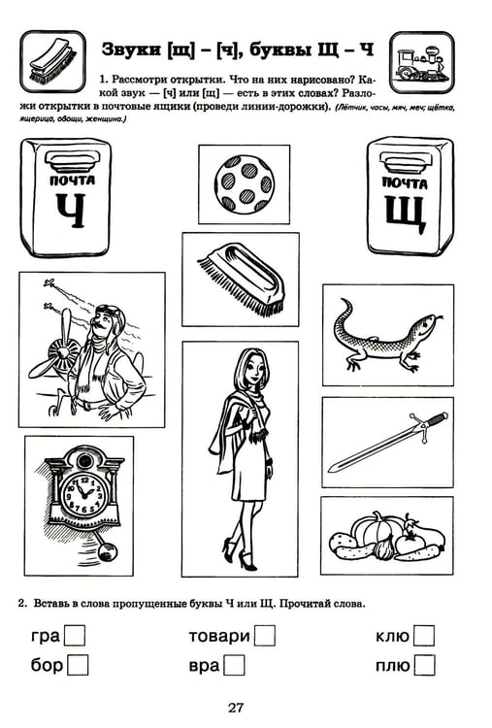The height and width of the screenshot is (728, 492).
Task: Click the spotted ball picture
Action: coord(245,184)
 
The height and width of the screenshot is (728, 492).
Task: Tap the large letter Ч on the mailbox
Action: coord(71,211)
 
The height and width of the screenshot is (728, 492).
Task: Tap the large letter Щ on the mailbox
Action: coord(405,215)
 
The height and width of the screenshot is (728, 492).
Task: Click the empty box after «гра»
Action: coord(75,636)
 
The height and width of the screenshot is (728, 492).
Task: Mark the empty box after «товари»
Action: coord(265,636)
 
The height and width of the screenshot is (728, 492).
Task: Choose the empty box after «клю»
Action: coord(424,636)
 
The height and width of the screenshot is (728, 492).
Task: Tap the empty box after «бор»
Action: coord(78,665)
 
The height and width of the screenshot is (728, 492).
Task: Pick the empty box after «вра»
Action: coord(234,665)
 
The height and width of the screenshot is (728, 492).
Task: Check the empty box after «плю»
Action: coord(425,665)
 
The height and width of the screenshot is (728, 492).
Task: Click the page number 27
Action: coord(235,708)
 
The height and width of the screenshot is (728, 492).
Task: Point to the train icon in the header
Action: coord(421,63)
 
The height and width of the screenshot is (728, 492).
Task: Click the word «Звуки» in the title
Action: coord(130,50)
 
